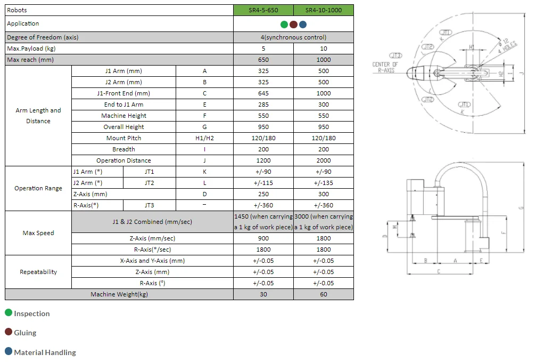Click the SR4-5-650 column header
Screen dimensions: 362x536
(x=263, y=10)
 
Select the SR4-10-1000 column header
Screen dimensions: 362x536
(x=324, y=10)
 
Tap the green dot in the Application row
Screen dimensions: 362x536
(x=284, y=24)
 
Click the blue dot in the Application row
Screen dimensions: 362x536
(x=303, y=24)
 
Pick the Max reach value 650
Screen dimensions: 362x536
(x=263, y=60)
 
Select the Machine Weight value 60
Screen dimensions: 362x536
(x=324, y=294)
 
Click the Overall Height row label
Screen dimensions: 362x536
(x=123, y=127)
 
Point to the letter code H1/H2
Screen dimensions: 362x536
(x=204, y=138)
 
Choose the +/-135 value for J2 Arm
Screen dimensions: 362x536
(x=324, y=183)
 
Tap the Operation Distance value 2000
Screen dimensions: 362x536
(x=324, y=160)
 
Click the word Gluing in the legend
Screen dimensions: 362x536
(x=25, y=333)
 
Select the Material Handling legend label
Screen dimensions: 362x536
(x=45, y=352)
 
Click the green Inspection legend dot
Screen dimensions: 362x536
(x=9, y=313)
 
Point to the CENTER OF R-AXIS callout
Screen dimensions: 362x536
(x=384, y=67)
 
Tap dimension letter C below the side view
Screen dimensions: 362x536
(x=438, y=272)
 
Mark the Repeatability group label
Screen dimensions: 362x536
(x=38, y=272)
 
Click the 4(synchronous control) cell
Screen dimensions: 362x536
(x=293, y=37)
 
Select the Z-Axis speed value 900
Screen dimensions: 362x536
(x=263, y=238)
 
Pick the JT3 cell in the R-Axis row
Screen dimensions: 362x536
(x=150, y=205)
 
